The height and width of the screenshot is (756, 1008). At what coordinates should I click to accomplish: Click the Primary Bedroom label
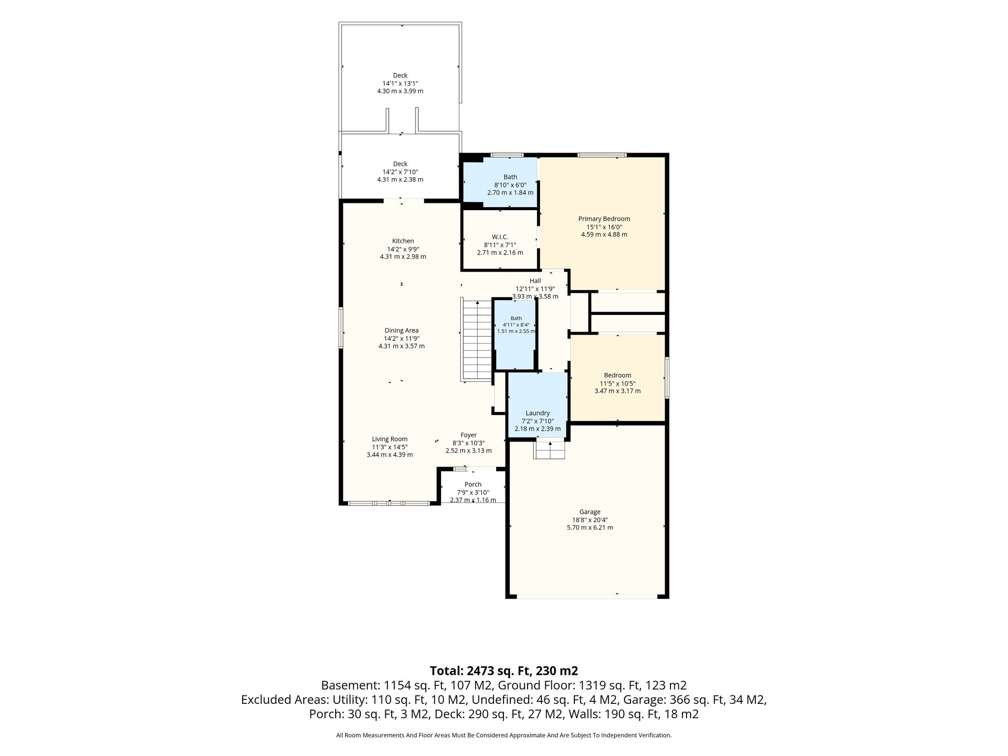604,219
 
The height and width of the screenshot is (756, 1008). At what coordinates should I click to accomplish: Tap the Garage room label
590,512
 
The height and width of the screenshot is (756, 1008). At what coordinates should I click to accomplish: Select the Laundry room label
537,413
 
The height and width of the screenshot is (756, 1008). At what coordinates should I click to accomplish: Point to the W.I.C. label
500,237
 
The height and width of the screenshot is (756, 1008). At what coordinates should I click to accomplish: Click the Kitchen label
403,241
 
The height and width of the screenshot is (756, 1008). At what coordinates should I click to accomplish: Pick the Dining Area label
402,330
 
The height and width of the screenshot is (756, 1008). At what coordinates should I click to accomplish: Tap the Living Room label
390,439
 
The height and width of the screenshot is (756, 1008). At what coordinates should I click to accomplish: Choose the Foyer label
469,435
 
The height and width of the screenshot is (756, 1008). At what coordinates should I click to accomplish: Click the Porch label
473,484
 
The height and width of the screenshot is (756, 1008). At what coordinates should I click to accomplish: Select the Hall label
535,281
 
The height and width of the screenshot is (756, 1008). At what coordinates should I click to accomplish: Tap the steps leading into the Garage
550,450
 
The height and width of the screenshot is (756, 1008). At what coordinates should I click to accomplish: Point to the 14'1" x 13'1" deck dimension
400,83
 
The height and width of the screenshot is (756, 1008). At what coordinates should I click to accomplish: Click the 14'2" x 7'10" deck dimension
400,172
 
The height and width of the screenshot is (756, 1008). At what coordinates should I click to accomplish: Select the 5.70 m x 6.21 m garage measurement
590,528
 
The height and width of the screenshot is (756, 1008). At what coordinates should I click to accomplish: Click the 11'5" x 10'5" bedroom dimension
617,383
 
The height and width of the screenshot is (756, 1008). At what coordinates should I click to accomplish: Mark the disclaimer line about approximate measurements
504,735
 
